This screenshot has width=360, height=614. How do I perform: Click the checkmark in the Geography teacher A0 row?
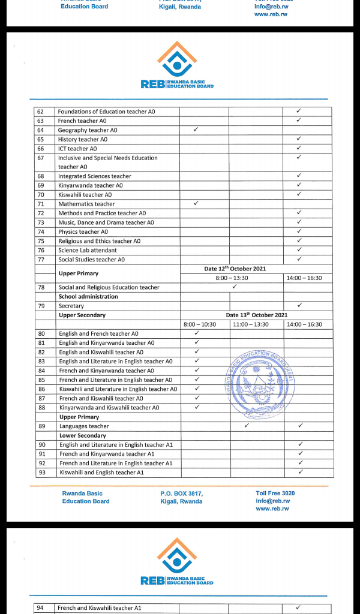(196, 130)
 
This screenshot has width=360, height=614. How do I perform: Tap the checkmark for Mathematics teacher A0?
(196, 203)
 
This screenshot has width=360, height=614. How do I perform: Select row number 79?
(41, 306)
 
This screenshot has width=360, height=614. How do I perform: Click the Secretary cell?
(71, 306)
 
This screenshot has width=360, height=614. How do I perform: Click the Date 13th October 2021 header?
(256, 315)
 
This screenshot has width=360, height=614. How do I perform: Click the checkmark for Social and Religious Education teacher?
(234, 287)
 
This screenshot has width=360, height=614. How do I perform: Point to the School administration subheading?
(88, 296)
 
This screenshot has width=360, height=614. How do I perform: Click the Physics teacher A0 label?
(83, 231)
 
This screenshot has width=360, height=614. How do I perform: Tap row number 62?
(41, 112)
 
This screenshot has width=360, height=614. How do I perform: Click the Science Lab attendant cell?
(88, 250)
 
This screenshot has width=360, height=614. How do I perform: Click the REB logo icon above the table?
(177, 59)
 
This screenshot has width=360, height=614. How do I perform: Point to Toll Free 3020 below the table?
(275, 493)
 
